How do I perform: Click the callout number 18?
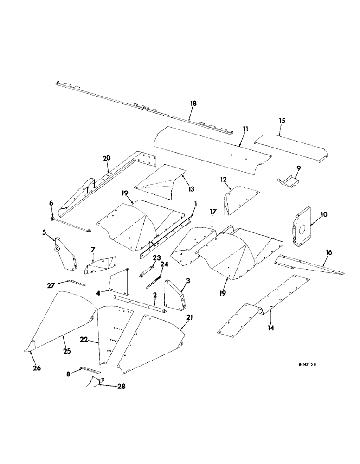(x=193, y=103)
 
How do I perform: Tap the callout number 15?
(x=283, y=121)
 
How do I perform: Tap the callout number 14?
(x=270, y=329)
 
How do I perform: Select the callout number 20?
(x=107, y=159)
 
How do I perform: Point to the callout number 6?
(x=51, y=203)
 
